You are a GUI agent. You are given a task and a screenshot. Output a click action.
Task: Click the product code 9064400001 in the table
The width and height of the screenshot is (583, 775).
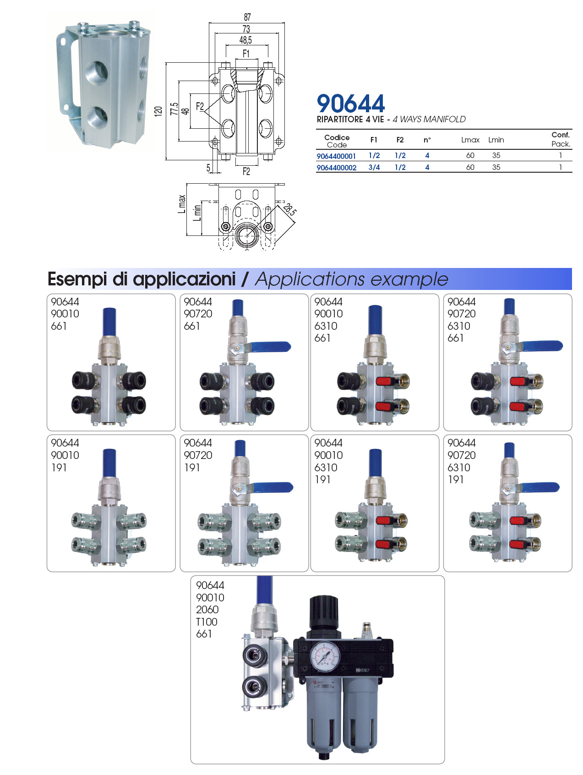click(336, 156)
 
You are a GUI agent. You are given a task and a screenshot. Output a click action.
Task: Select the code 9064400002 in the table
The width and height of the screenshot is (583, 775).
click(337, 168)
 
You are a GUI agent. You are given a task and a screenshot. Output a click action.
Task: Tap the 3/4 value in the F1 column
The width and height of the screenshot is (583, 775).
click(374, 168)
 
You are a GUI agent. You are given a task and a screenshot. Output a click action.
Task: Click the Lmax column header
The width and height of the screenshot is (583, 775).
click(470, 140)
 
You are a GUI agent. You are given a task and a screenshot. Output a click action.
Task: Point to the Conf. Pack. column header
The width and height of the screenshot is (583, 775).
click(561, 139)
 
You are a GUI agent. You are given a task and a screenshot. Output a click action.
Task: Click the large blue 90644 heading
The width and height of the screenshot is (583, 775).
click(351, 104)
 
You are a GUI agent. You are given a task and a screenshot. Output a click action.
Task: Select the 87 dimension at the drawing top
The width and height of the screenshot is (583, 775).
click(247, 17)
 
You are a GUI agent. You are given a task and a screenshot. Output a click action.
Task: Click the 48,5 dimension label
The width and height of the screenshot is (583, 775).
click(246, 40)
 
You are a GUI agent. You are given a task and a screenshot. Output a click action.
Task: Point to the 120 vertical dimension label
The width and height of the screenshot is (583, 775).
click(158, 111)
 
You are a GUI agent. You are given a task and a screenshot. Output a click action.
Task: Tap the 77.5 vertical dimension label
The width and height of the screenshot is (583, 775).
click(174, 109)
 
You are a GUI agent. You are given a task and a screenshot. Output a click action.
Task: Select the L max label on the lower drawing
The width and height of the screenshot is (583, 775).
click(182, 204)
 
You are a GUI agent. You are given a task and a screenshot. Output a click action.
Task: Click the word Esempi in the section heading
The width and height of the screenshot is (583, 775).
click(77, 279)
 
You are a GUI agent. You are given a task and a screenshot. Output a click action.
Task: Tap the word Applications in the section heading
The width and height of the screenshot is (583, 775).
click(310, 279)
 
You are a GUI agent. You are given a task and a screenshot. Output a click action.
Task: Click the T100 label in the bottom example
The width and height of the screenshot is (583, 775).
click(207, 622)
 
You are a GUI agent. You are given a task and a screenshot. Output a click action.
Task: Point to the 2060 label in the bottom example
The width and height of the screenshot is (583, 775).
click(207, 610)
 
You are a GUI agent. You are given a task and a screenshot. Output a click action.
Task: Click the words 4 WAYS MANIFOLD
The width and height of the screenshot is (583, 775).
click(429, 120)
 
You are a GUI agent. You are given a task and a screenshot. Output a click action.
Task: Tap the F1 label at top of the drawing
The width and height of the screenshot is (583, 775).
click(246, 54)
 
